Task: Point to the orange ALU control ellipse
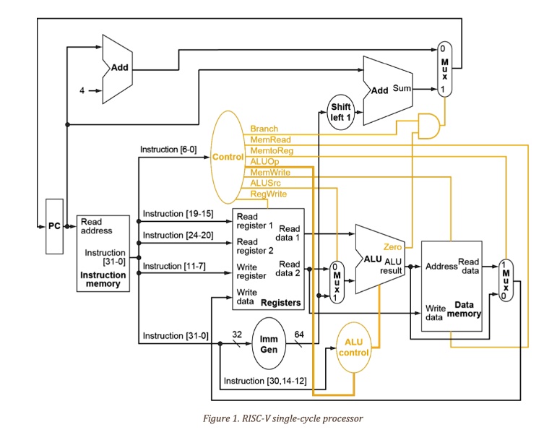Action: click(x=353, y=348)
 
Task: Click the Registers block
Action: click(x=268, y=259)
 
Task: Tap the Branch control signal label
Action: click(x=264, y=129)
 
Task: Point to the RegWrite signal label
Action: click(x=268, y=194)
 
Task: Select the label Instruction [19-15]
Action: click(x=178, y=214)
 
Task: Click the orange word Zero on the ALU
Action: click(x=393, y=247)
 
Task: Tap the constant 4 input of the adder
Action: click(x=82, y=91)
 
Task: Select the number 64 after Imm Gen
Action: click(x=298, y=335)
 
